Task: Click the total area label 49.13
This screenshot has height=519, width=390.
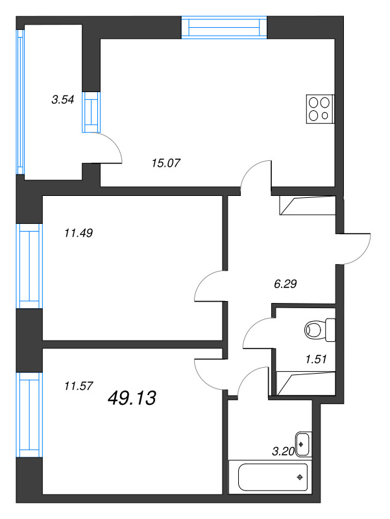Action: point(132,398)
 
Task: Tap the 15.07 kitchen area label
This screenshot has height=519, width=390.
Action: point(166,163)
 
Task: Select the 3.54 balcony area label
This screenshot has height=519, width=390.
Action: point(62,99)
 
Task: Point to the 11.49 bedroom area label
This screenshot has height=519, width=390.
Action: point(79,233)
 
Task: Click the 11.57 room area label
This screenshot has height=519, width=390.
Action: point(79,385)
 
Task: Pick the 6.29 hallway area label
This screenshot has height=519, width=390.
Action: point(286,284)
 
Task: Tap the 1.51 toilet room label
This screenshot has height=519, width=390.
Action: point(316,359)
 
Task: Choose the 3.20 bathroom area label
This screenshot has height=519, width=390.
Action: point(284,451)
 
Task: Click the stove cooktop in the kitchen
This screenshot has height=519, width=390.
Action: point(320,109)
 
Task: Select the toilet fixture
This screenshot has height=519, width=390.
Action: point(320,330)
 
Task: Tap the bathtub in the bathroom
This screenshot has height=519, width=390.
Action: point(270,477)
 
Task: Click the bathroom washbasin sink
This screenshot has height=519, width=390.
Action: point(303,444)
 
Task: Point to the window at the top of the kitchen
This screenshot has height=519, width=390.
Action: point(224,27)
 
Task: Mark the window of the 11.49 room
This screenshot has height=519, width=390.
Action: point(29,266)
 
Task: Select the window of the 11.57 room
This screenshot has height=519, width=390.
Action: point(29,415)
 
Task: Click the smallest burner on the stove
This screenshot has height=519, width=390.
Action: point(324,115)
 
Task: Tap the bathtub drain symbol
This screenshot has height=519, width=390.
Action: point(300,477)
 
